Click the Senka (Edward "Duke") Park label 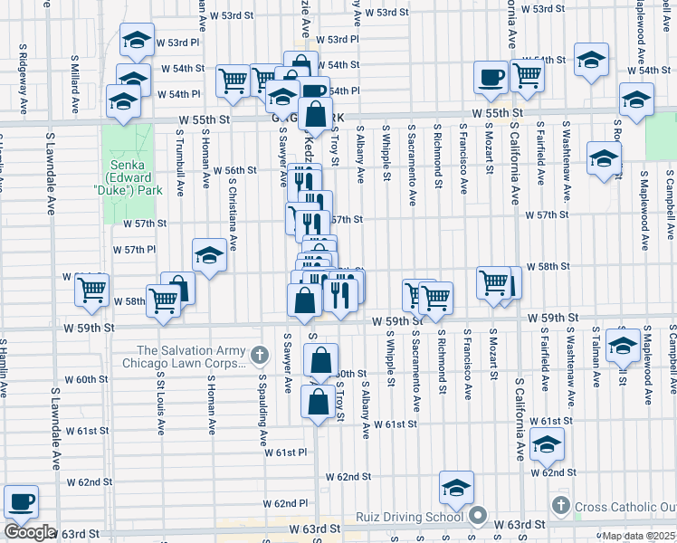(x=135, y=178)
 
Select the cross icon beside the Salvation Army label (x=261, y=353)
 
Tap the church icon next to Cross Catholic (x=560, y=505)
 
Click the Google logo (x=30, y=532)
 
